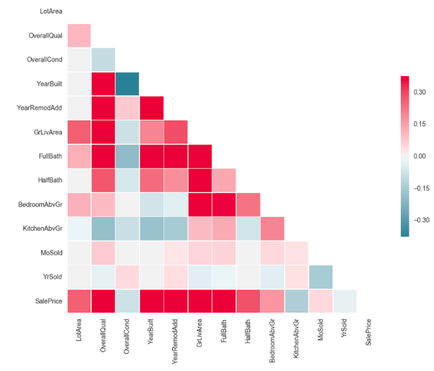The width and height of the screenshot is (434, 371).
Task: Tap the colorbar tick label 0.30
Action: [420, 92]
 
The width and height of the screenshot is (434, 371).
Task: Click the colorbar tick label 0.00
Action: [420, 156]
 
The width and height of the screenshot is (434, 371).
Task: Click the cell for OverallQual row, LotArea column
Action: [79, 36]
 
